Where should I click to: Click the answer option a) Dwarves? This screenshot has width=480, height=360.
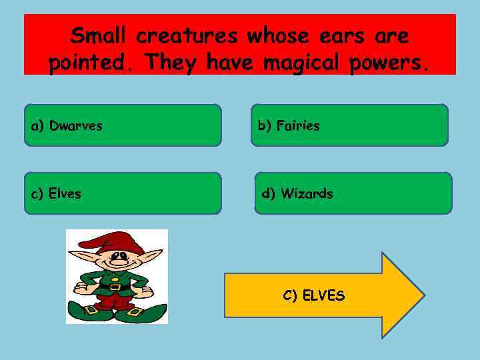point(123,125)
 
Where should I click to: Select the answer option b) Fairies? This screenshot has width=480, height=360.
point(349,125)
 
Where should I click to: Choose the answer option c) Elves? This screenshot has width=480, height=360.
point(123,193)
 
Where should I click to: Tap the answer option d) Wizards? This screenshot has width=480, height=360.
point(353,193)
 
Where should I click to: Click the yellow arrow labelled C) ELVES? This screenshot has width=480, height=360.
point(324,295)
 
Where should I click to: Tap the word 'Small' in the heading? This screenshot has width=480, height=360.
point(99,35)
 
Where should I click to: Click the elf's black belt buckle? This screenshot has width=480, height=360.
point(114,287)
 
